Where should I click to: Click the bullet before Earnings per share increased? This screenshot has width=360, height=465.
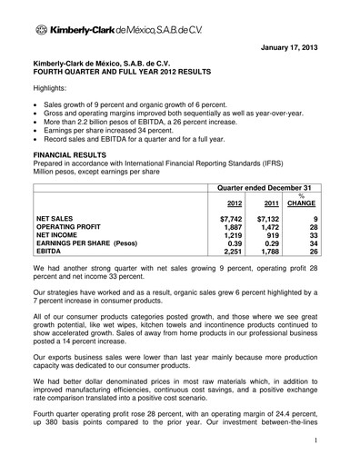pos(37,131)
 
